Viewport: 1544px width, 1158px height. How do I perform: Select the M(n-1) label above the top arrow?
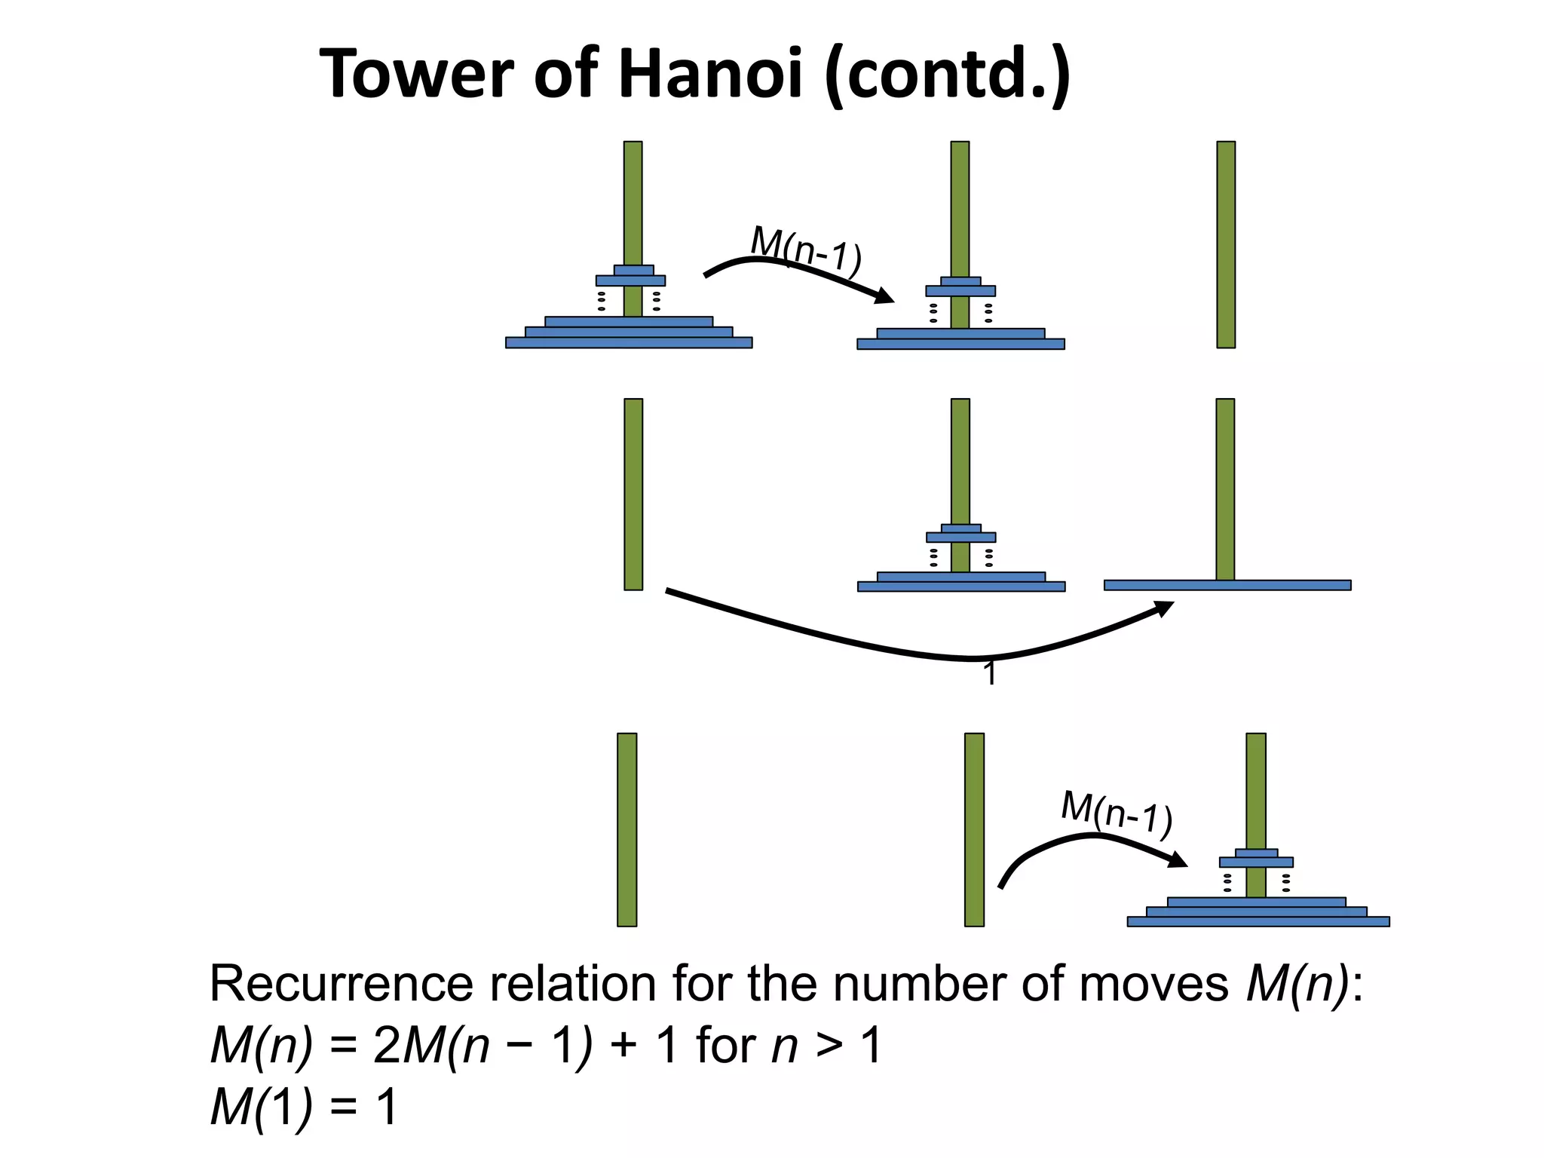tap(806, 251)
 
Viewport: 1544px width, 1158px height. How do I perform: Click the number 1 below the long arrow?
tap(990, 673)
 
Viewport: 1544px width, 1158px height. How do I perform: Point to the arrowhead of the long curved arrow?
tap(1165, 608)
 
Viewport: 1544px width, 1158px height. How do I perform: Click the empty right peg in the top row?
tap(1226, 244)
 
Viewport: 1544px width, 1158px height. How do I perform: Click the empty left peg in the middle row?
tap(633, 494)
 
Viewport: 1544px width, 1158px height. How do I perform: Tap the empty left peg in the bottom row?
tap(626, 829)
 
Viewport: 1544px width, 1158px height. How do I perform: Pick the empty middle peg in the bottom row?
tap(974, 829)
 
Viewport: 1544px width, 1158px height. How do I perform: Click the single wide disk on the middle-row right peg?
tap(1227, 585)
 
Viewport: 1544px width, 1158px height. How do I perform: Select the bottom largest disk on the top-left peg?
tap(629, 343)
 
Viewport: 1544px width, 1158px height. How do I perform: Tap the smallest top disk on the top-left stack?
tap(633, 270)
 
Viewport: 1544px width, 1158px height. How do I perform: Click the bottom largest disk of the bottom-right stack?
tap(1258, 921)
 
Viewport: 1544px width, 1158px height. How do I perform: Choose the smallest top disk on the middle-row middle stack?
tap(960, 528)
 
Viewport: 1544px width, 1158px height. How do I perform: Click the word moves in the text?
tap(1153, 984)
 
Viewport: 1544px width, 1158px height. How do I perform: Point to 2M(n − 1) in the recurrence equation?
tap(482, 1046)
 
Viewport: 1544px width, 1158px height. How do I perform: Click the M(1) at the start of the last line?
tap(261, 1108)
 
